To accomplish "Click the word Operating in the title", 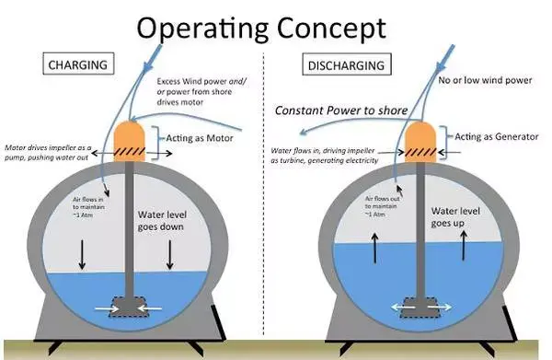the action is (202, 29).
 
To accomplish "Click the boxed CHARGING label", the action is (78, 64).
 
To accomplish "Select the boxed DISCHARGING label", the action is (347, 64).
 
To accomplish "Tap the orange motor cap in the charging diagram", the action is (130, 141).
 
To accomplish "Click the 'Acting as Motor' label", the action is (200, 138).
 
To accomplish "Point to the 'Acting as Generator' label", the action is (497, 136).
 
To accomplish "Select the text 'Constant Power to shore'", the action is (340, 110).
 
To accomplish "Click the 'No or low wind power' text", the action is (485, 80).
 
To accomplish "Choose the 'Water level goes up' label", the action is (455, 217).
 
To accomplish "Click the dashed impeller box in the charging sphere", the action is (129, 307).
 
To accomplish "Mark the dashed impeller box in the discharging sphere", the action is (420, 308).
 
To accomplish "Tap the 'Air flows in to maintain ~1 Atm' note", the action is (88, 207).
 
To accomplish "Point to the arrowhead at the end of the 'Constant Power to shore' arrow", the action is (303, 132).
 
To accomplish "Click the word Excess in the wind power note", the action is (168, 81).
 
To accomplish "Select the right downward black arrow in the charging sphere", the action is (170, 255).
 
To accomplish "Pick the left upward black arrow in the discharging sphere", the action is (375, 248).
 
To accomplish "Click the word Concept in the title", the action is (331, 29).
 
